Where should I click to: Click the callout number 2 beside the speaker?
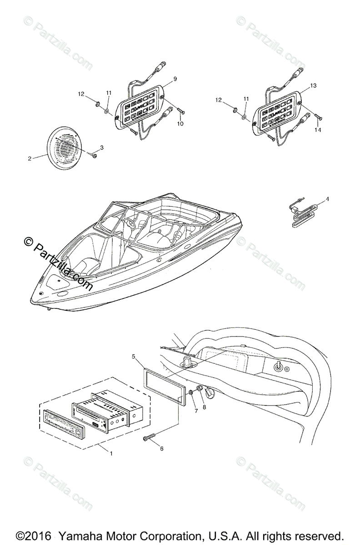tap(30, 159)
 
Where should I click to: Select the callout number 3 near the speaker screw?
tap(102, 147)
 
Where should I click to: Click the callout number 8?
tap(204, 407)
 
